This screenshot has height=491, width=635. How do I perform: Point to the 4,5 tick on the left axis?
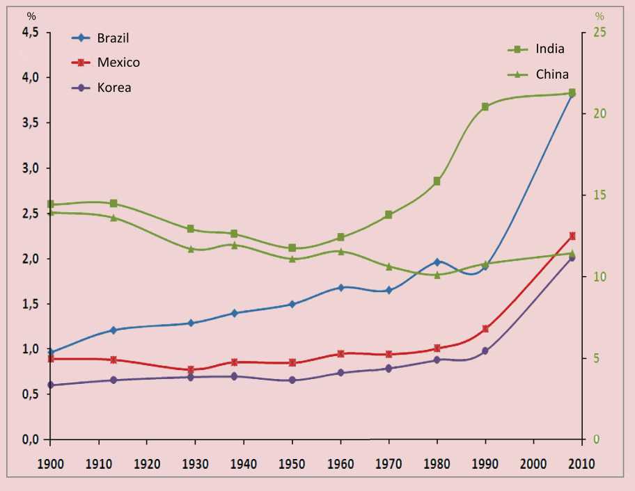tap(31, 32)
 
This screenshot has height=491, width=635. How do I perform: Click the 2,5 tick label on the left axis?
tap(31, 214)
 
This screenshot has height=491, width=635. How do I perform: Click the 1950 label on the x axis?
tap(292, 463)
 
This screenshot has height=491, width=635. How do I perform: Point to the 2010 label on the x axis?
tap(581, 463)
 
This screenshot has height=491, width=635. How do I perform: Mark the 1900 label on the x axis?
tap(50, 463)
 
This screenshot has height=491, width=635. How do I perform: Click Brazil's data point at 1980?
tap(437, 262)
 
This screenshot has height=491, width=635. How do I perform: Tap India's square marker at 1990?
tap(485, 106)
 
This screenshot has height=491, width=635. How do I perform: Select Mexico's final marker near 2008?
tap(572, 236)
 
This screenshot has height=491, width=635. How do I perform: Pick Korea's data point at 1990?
tap(485, 351)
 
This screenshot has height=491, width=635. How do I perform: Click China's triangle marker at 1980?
tap(437, 275)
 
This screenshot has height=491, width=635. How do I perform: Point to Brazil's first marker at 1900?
tap(50, 352)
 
